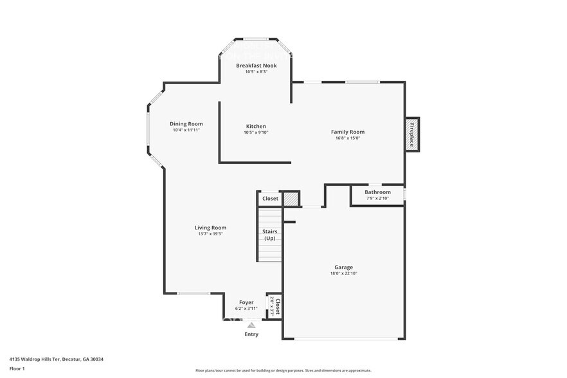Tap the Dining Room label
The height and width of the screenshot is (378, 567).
click(186, 124)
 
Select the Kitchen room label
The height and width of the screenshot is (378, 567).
click(256, 126)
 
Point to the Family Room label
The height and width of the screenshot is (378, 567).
click(348, 132)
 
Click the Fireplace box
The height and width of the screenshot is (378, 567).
click(412, 134)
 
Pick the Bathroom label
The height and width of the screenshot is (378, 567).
click(377, 192)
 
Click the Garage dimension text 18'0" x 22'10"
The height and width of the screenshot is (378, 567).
click(343, 273)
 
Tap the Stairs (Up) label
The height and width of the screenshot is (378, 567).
click(269, 235)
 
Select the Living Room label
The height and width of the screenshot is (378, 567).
click(210, 228)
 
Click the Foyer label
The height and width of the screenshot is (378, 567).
click(246, 302)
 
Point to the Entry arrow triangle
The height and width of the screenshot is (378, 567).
click(251, 325)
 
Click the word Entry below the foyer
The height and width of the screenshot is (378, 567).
click(251, 334)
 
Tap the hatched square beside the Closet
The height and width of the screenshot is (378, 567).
click(291, 199)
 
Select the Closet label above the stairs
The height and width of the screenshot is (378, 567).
click(270, 199)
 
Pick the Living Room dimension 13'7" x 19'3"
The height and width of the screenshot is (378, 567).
click(210, 234)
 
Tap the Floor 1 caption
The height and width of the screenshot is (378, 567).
click(17, 368)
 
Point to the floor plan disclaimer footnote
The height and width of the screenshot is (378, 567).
click(283, 370)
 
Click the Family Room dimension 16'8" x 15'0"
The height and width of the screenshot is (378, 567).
click(348, 138)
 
